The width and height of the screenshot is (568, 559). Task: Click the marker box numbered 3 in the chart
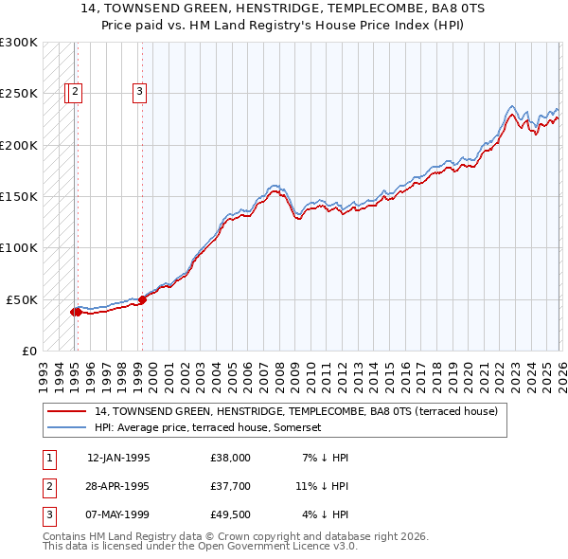(139, 92)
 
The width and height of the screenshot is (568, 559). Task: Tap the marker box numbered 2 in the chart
(76, 92)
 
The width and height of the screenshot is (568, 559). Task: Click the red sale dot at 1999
(142, 299)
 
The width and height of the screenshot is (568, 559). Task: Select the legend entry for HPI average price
(208, 427)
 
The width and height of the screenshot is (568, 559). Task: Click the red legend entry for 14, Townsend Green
(302, 411)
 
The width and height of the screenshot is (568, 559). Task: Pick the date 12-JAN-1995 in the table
(118, 458)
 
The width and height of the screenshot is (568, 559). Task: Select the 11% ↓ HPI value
(322, 486)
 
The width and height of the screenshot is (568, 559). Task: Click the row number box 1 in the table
(49, 458)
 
